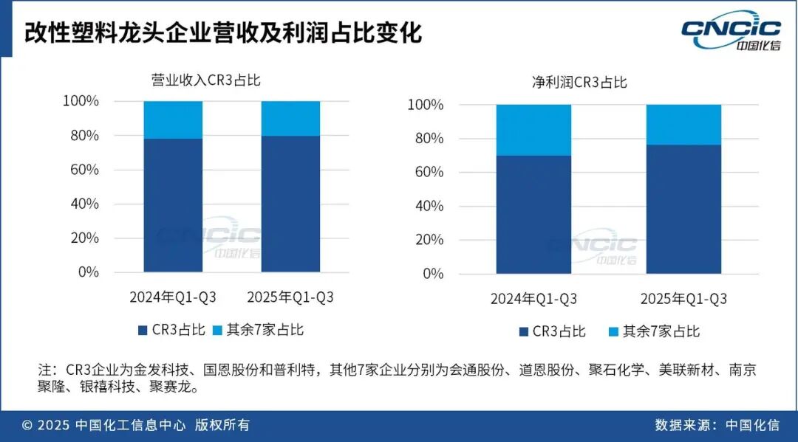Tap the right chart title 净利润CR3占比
[579, 82]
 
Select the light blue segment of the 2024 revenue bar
[173, 120]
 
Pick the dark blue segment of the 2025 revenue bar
[290, 204]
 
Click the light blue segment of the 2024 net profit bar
[533, 130]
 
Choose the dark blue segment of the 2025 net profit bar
[683, 209]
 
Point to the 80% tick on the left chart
[83, 136]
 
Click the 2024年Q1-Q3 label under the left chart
[173, 297]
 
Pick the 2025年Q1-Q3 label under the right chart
[683, 299]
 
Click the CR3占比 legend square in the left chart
[143, 330]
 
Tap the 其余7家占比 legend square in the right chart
[613, 331]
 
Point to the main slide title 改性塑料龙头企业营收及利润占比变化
[222, 34]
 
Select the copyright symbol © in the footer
[27, 425]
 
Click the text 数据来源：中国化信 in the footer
[717, 425]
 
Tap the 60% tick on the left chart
[83, 170]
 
